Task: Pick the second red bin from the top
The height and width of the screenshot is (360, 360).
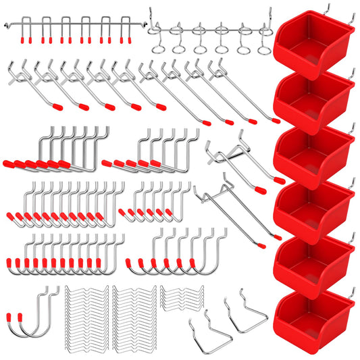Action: pos(312,100)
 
